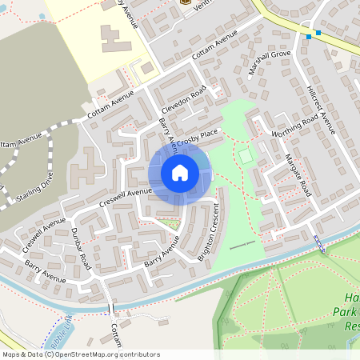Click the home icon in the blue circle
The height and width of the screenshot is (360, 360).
(180, 173)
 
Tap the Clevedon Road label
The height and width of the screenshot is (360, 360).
(183, 100)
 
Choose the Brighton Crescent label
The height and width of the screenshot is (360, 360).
(209, 233)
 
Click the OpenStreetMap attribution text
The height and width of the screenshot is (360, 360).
(80, 354)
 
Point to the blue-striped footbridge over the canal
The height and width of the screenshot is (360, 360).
(319, 244)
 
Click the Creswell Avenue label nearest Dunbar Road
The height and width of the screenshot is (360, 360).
(45, 230)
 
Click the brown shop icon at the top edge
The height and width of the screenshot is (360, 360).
(186, 2)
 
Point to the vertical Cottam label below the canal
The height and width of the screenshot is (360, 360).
(116, 332)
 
